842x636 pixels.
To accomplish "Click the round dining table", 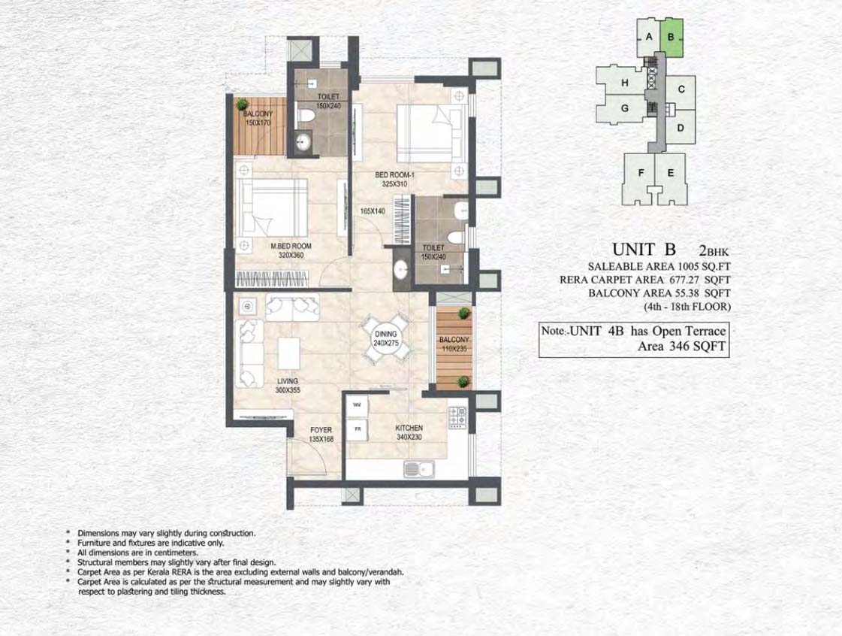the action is [x=385, y=339].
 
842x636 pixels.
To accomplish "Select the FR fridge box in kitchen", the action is [x=357, y=429].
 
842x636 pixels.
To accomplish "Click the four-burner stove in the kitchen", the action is [x=457, y=417].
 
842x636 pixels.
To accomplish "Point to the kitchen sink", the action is [x=419, y=470].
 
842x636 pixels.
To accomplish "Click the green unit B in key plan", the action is [x=671, y=38].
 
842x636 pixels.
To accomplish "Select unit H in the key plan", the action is [x=624, y=83].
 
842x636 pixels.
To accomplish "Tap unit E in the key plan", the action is [x=671, y=173].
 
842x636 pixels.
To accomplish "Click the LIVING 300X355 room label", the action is [x=288, y=386].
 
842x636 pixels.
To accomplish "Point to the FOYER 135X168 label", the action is [x=321, y=435].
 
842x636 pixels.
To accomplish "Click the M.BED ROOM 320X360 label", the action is [x=291, y=250].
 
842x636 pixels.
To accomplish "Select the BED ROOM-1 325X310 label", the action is [x=394, y=180].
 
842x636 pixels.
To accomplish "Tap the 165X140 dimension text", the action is [x=373, y=211].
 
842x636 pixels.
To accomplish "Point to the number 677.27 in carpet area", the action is [x=684, y=280].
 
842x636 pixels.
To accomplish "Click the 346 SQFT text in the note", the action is [x=698, y=347].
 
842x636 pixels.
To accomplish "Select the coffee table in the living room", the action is [x=289, y=353].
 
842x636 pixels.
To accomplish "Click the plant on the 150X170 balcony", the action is [x=242, y=104].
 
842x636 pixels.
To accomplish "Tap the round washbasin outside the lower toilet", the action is [x=400, y=270].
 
